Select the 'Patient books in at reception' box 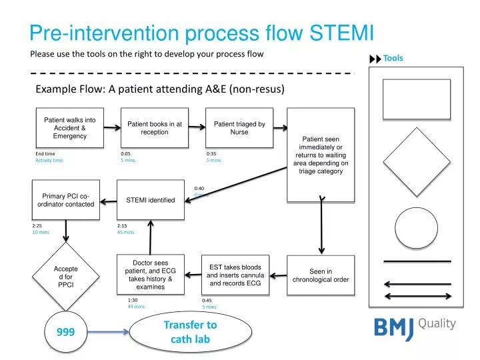[155, 128]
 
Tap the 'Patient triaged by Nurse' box [239, 128]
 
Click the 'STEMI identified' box [151, 200]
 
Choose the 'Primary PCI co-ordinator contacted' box [66, 200]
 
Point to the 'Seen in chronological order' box [321, 275]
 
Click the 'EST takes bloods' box [235, 275]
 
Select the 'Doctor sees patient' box [150, 275]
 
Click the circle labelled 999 [65, 331]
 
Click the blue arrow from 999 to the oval [107, 331]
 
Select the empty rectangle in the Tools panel [417, 98]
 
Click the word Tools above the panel [393, 58]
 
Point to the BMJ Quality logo [413, 326]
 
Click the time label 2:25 [37, 226]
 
